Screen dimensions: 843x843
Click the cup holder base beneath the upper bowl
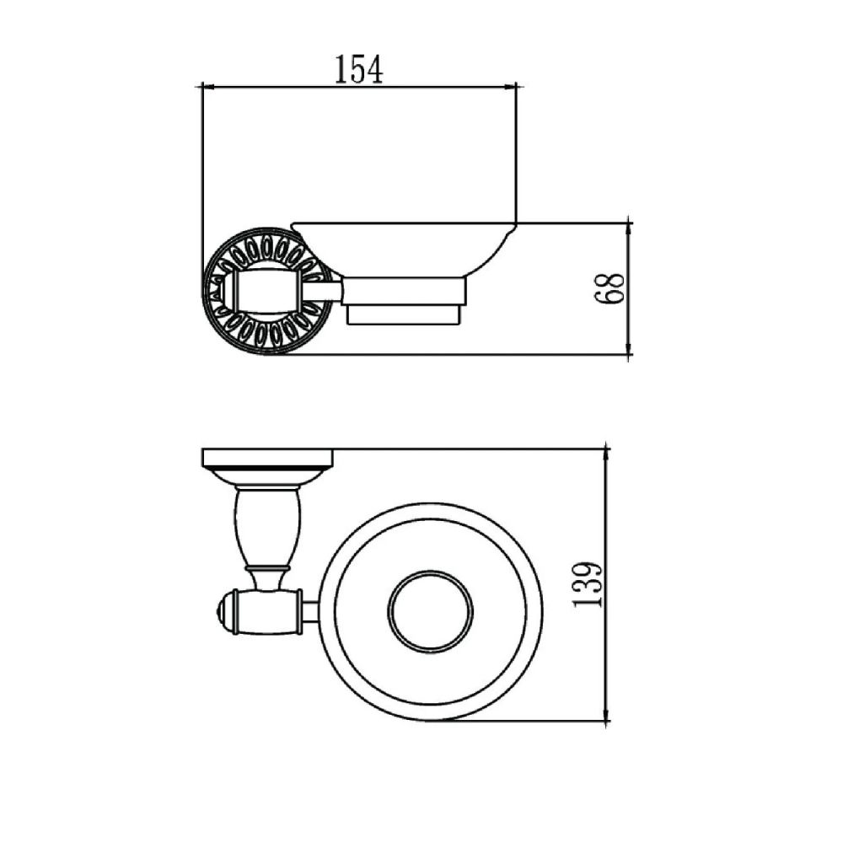405,303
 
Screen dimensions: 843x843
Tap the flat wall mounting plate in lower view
267,458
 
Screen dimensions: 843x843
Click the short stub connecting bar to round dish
309,611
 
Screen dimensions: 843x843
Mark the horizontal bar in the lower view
268,611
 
